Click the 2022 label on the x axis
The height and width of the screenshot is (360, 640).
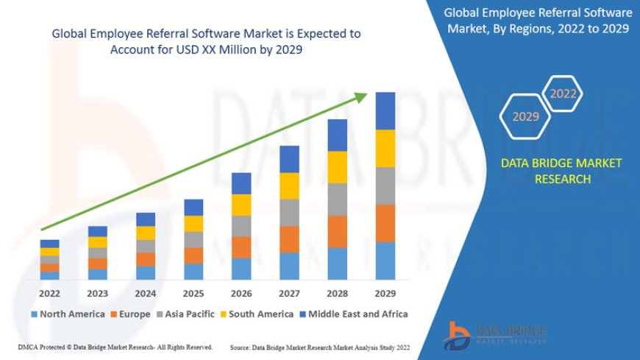49,292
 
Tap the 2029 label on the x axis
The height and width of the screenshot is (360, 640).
385,292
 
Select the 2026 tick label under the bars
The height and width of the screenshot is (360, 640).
241,292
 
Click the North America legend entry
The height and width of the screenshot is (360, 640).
68,314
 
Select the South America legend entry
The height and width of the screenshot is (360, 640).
257,314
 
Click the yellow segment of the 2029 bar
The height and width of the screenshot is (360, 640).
385,148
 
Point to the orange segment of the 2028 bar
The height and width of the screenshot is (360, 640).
337,231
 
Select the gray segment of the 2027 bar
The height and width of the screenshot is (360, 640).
289,212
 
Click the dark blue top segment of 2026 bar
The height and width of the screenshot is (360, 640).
241,183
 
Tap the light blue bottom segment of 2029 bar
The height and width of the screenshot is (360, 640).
385,261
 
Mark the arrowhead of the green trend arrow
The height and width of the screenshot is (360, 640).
363,96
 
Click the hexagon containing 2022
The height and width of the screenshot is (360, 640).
563,94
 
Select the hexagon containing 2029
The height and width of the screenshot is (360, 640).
525,116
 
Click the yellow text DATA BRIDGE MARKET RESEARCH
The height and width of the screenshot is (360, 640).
561,171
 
